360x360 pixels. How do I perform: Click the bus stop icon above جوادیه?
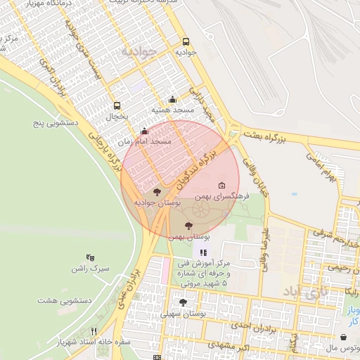tap(186, 41)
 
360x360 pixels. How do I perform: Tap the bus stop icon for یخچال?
tap(117, 106)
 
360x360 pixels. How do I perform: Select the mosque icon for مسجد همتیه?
tap(172, 100)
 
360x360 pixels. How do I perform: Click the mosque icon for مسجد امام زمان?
tap(144, 131)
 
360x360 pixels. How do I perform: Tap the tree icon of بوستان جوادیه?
tap(156, 191)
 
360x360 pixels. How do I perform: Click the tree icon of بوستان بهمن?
tap(188, 226)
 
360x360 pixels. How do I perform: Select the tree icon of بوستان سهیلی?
tap(183, 303)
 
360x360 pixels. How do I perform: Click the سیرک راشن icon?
tap(89, 258)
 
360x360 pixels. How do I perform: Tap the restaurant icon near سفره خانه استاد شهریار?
tap(94, 331)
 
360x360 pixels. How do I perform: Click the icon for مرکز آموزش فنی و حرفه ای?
tap(203, 252)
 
